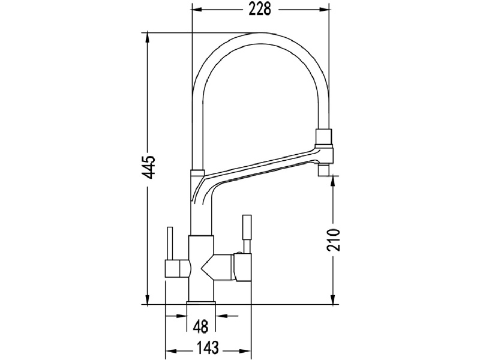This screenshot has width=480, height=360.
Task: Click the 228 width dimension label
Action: pos(260,10)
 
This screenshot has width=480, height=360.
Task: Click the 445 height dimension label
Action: pos(149,167)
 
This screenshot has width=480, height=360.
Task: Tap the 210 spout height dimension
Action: pos(334,239)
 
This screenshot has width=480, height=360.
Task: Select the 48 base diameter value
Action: pos(200,326)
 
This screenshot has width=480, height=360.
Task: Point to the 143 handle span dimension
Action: pos(208,348)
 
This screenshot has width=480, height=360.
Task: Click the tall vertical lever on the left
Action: pos(170,244)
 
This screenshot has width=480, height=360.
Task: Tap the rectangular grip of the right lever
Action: pos(247,227)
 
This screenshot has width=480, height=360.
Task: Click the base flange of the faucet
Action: pos(201,303)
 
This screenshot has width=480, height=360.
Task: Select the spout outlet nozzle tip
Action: pos(324,170)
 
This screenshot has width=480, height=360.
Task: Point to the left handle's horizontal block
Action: pos(178,268)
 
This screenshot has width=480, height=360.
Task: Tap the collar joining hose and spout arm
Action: pos(197,173)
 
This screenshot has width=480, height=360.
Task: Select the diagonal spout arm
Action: pos(260,172)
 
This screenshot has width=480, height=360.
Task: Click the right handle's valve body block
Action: pos(242,267)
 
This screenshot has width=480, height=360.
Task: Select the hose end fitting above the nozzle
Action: pos(323,137)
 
